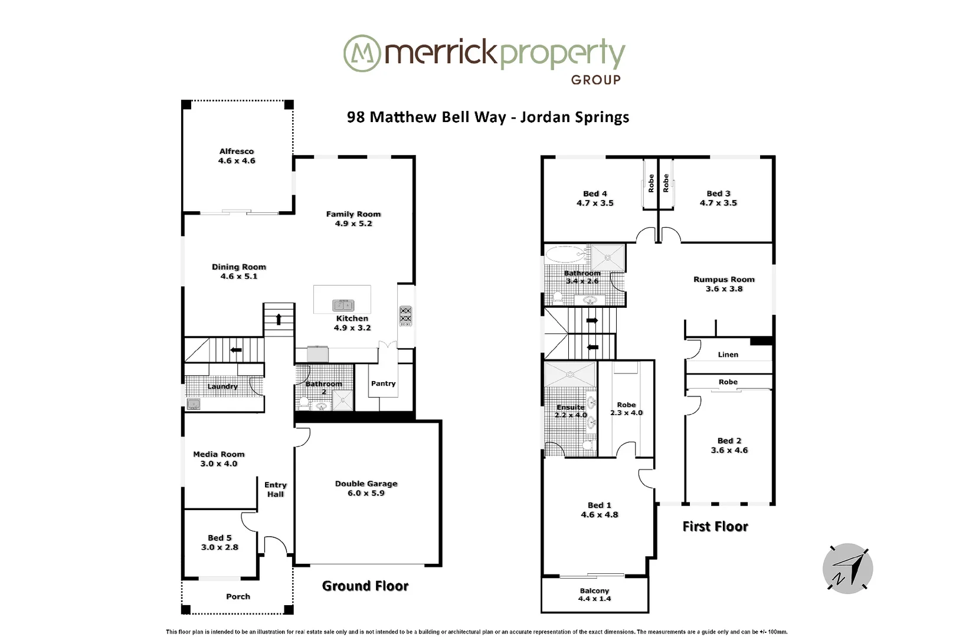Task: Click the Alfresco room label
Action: pyautogui.click(x=237, y=152)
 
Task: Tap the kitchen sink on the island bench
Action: pyautogui.click(x=343, y=305)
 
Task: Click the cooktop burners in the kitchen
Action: pyautogui.click(x=405, y=316)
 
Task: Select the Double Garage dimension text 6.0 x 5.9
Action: pyautogui.click(x=366, y=493)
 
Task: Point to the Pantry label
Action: pyautogui.click(x=383, y=383)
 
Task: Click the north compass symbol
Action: pyautogui.click(x=847, y=569)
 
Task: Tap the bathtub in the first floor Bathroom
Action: pyautogui.click(x=564, y=255)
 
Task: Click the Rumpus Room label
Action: pyautogui.click(x=723, y=280)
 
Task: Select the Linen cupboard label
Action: pyautogui.click(x=728, y=354)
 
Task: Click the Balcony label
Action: pyautogui.click(x=594, y=590)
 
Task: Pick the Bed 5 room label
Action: pyautogui.click(x=220, y=538)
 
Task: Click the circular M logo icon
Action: pyautogui.click(x=361, y=54)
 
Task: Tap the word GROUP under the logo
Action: pyautogui.click(x=595, y=80)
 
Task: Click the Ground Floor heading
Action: pyautogui.click(x=365, y=586)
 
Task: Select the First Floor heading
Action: pyautogui.click(x=715, y=526)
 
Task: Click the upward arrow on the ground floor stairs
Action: pyautogui.click(x=278, y=320)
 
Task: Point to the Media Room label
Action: pyautogui.click(x=218, y=454)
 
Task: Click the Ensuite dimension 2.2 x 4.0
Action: pyautogui.click(x=571, y=415)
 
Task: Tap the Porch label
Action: pyautogui.click(x=238, y=596)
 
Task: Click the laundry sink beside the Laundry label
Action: pyautogui.click(x=193, y=404)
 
